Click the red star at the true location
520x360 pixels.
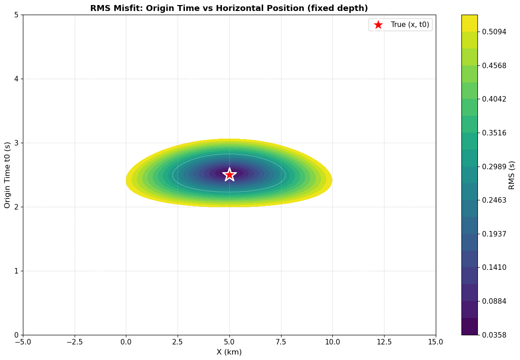pyautogui.click(x=229, y=174)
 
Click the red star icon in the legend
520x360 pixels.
pyautogui.click(x=378, y=25)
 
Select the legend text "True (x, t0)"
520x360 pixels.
pyautogui.click(x=410, y=25)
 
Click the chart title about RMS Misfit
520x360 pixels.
pyautogui.click(x=229, y=8)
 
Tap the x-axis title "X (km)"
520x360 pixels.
pyautogui.click(x=229, y=352)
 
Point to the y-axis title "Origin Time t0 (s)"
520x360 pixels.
pyautogui.click(x=7, y=175)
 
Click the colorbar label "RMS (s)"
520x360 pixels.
pyautogui.click(x=512, y=175)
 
